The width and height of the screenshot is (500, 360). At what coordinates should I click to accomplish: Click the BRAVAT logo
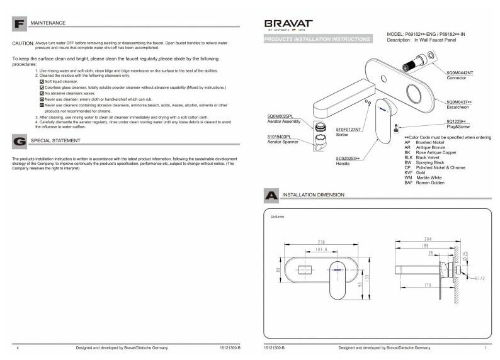[288, 25]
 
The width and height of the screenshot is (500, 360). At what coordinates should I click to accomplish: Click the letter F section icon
[20, 25]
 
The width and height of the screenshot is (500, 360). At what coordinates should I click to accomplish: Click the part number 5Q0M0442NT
[460, 73]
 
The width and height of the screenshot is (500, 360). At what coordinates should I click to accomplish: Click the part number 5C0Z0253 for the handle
[348, 158]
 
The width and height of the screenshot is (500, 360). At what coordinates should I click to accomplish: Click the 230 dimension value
[321, 242]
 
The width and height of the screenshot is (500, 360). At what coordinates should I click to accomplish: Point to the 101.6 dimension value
[321, 249]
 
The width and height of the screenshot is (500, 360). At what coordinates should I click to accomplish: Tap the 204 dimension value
[428, 239]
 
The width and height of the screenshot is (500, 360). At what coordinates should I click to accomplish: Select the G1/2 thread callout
[479, 277]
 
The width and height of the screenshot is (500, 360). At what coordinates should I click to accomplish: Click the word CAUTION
[23, 43]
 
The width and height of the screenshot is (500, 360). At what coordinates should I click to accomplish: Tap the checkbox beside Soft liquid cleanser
[42, 81]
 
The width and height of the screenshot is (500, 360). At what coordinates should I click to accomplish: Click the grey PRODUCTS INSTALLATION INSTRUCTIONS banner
[317, 39]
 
